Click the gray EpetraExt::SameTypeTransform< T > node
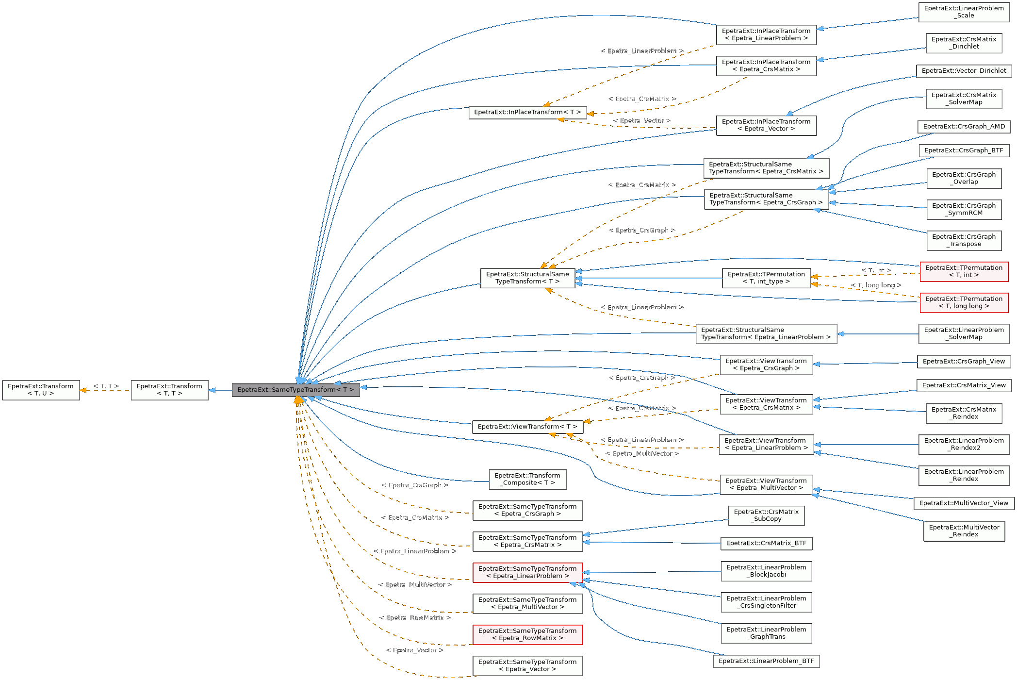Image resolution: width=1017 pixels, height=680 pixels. pos(295,390)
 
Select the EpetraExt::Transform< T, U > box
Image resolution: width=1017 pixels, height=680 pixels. pos(41,390)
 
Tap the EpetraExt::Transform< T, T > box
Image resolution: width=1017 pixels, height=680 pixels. pos(169,390)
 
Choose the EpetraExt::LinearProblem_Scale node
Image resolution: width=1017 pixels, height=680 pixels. pos(964,12)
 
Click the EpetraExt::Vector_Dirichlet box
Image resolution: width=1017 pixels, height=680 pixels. pos(964,71)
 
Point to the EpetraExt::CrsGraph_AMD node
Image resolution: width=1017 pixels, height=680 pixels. pos(964,127)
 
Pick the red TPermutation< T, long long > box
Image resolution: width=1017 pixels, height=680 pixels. pos(964,302)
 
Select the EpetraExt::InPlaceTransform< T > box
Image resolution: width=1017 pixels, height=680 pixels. pos(527,112)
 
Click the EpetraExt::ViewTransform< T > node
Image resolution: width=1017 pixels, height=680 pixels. pos(527,427)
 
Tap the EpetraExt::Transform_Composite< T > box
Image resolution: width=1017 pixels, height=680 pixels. pos(527,479)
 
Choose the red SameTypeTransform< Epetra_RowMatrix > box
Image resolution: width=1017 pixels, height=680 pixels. pos(527,634)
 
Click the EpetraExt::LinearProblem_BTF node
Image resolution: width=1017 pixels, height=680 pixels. pos(766,661)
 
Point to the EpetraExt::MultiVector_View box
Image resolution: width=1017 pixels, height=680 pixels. pos(964,503)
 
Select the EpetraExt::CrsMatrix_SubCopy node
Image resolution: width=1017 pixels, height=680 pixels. pos(766,515)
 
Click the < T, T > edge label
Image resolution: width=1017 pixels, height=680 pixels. pos(106,386)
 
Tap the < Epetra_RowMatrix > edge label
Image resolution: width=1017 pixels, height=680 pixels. pos(415,618)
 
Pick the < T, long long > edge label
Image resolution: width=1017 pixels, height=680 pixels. pos(876,285)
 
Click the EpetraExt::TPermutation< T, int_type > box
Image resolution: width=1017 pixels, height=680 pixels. pos(766,278)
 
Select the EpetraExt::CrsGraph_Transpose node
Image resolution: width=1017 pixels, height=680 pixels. pos(964,240)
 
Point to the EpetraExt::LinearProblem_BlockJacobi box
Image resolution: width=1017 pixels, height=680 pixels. pos(766,571)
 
